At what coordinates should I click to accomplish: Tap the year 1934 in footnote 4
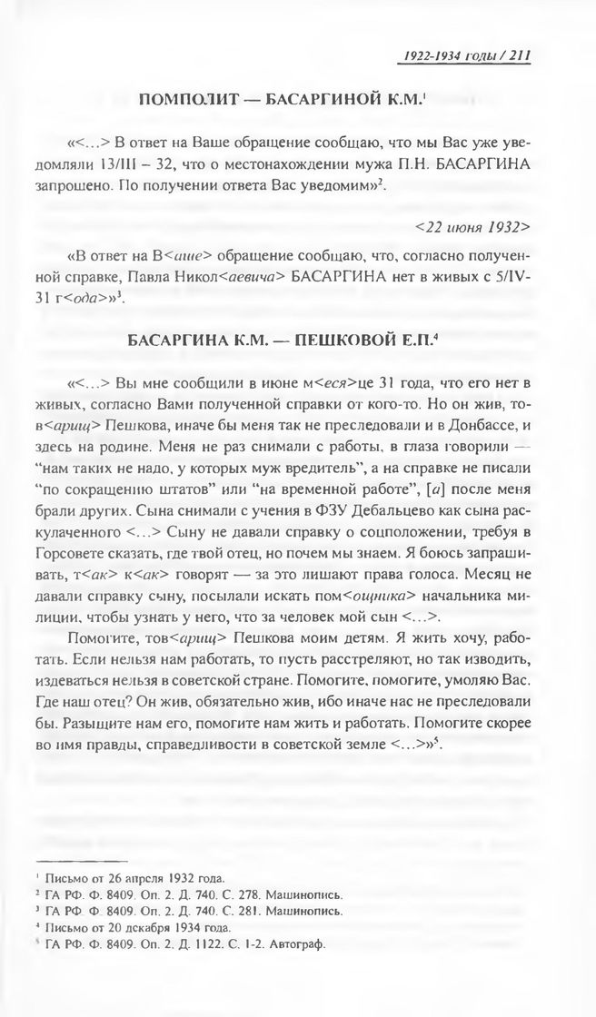tap(188, 927)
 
